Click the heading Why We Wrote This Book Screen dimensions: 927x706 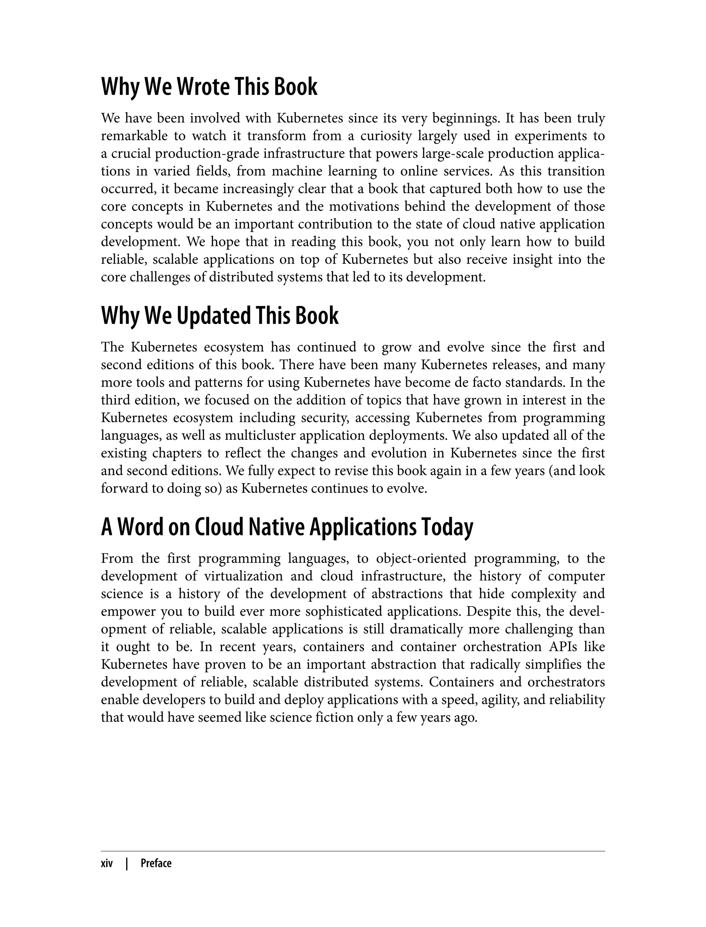click(209, 87)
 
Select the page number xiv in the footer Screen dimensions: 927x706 click(107, 864)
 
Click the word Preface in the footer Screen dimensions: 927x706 click(156, 864)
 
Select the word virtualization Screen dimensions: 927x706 click(244, 576)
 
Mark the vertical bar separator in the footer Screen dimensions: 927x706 click(127, 864)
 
